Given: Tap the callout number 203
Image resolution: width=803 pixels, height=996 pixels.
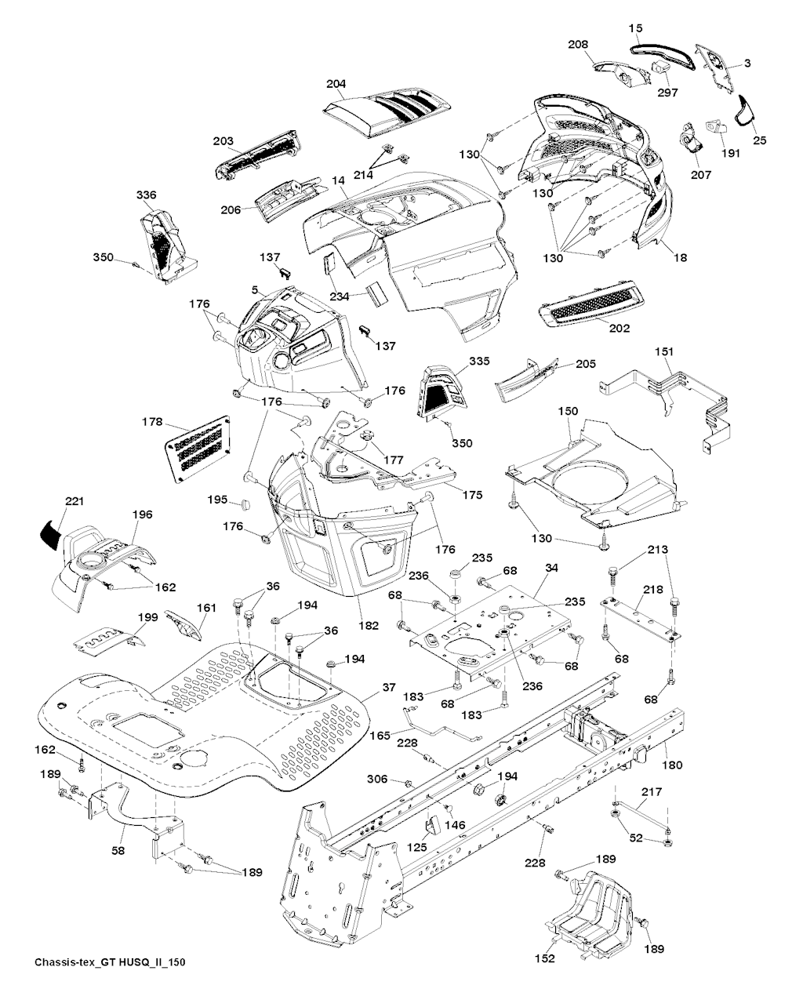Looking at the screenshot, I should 223,141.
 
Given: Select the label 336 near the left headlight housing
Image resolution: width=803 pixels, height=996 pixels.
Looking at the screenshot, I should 146,195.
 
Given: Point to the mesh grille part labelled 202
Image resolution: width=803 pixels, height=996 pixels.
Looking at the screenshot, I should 590,304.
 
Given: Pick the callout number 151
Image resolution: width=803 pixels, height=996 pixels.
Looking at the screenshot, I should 664,352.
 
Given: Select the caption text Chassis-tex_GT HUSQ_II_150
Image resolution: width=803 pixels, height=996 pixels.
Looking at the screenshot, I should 110,962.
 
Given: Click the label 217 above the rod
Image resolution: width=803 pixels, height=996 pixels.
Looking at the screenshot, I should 652,792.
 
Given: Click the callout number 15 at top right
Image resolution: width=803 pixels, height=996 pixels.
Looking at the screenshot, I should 635,28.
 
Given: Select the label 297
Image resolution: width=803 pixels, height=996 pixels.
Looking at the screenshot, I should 667,92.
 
